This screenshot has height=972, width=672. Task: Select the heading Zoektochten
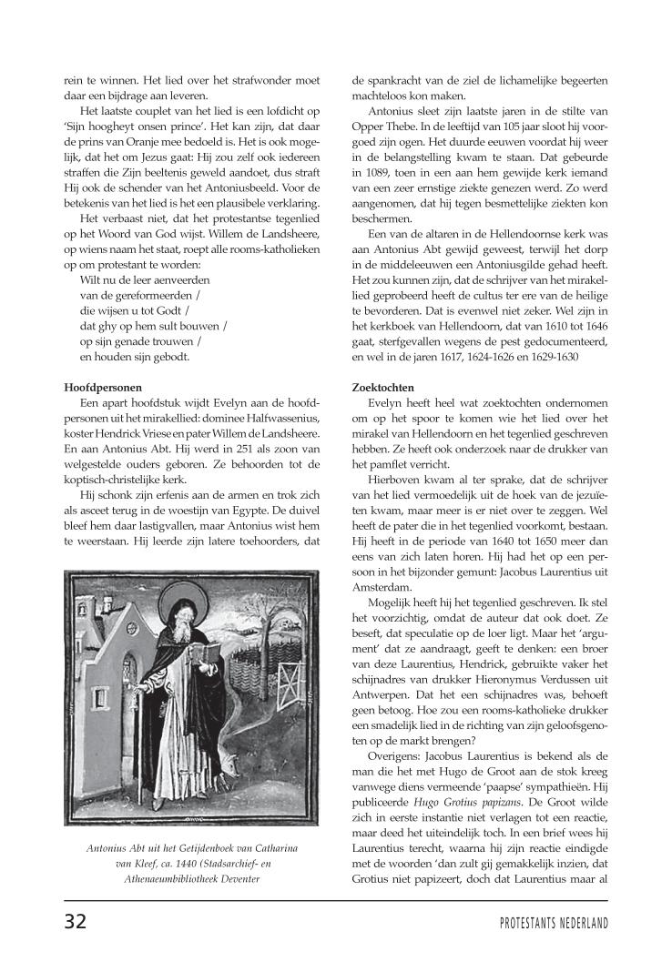point(383,388)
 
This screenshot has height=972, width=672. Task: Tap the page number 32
point(76,921)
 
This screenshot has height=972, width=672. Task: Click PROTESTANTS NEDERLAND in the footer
point(554,923)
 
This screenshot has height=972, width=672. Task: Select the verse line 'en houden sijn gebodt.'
point(137,357)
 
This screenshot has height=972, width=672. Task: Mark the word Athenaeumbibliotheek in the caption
point(168,879)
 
